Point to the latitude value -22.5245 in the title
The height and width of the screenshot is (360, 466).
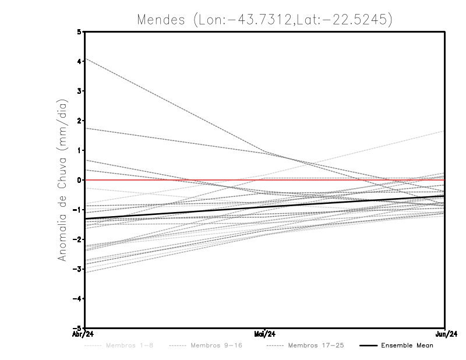point(357,19)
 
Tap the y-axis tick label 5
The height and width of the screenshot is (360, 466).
point(79,32)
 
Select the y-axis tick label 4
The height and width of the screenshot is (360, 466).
point(79,62)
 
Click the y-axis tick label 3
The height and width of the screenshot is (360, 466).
point(79,91)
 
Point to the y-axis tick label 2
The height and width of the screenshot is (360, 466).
point(79,121)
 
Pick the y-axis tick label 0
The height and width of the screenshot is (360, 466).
point(79,180)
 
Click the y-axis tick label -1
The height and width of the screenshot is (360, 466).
point(77,210)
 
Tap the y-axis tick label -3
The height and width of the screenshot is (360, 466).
point(77,269)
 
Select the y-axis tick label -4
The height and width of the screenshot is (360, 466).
point(77,298)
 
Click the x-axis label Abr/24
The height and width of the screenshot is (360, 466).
point(85,334)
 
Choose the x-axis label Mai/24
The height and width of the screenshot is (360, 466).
point(265,334)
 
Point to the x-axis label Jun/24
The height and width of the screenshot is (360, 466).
point(444,334)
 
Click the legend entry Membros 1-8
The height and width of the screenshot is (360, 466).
point(121,345)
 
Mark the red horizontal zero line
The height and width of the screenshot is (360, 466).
point(175,180)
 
